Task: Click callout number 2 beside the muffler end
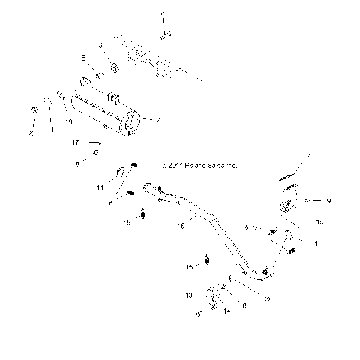(x=157, y=119)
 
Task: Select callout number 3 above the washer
(x=101, y=46)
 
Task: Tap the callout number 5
(x=83, y=58)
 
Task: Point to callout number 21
(x=31, y=133)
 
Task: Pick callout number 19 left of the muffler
(x=68, y=122)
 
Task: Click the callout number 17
(x=75, y=142)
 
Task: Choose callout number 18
(x=75, y=163)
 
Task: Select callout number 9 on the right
(x=328, y=201)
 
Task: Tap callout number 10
(x=319, y=222)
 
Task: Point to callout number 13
(x=189, y=295)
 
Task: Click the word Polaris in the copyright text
(x=181, y=166)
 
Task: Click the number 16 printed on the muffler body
(x=111, y=97)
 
